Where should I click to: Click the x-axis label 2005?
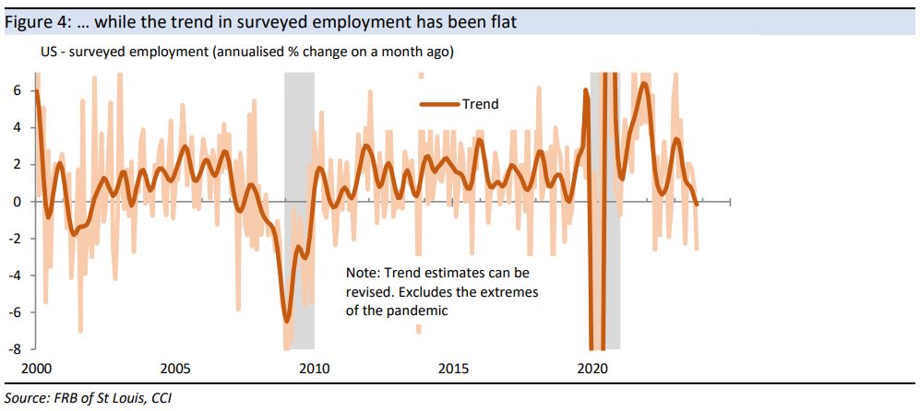click(175, 368)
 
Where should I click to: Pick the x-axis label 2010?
click(315, 368)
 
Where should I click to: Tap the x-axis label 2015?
click(453, 368)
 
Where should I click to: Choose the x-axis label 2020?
click(591, 368)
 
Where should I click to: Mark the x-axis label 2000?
click(37, 368)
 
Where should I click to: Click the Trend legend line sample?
click(440, 104)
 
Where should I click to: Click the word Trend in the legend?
click(481, 104)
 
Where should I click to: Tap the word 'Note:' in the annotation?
click(363, 274)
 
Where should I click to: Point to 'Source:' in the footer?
click(26, 398)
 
